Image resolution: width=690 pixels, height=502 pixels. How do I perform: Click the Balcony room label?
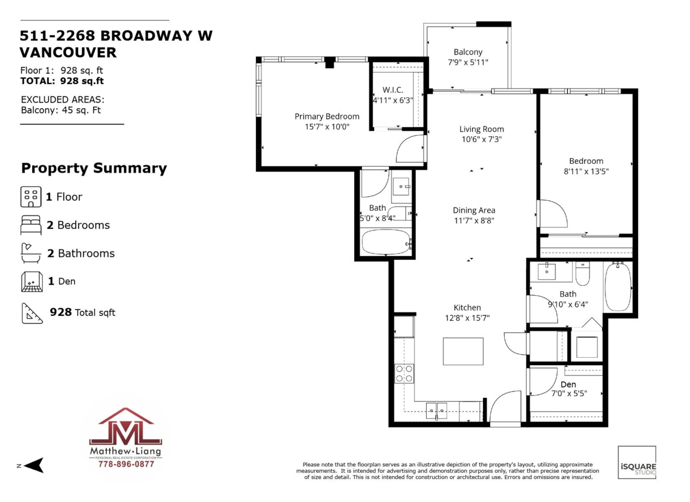467,52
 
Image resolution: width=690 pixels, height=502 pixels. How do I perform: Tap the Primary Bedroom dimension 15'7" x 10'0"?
327,127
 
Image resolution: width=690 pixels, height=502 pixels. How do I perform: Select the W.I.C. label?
393,90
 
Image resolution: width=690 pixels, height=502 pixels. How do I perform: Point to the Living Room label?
481,129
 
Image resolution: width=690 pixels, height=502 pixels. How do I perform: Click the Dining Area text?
474,210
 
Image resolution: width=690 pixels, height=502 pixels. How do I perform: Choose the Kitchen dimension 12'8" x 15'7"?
467,318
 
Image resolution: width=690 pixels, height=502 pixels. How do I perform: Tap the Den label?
568,384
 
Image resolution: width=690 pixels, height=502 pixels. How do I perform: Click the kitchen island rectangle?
463,351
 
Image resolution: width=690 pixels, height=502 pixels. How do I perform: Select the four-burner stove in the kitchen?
404,374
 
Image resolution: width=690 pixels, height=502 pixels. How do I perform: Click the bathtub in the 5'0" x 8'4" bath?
386,243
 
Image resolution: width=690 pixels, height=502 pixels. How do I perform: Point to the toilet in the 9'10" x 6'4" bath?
582,274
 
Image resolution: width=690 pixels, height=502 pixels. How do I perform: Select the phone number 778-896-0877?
126,464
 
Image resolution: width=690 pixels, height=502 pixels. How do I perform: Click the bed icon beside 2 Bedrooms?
31,225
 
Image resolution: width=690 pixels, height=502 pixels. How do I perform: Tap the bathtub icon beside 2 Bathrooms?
31,253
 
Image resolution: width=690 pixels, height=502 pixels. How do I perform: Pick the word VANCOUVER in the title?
68,53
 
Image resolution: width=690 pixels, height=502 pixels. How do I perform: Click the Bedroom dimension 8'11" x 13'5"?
586,171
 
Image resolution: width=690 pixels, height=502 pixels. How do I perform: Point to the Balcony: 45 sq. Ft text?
61,110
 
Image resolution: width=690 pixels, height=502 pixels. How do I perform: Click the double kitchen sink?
436,411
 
